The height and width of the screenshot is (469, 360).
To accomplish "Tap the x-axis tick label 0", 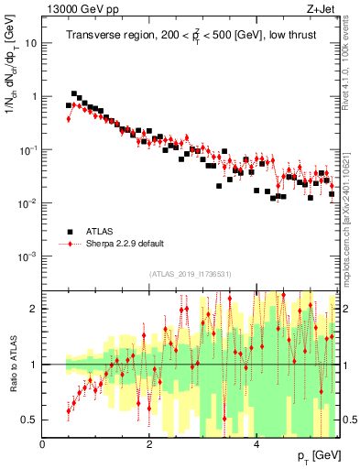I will pos(43,444).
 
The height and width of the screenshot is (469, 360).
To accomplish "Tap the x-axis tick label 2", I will pos(149,444).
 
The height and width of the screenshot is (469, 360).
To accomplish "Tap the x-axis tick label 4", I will pos(256,444).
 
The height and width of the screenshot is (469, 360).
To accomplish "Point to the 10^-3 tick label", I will pos(28,256).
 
